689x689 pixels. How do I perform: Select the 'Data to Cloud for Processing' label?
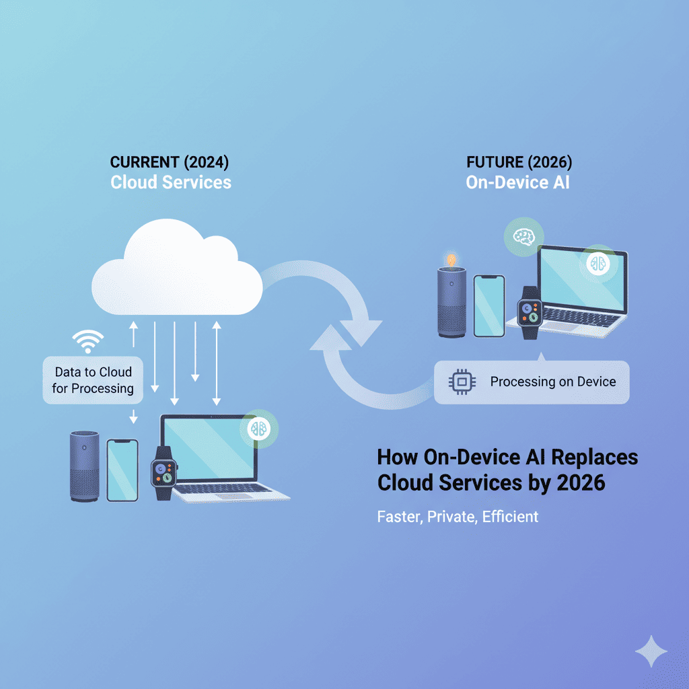tap(93, 380)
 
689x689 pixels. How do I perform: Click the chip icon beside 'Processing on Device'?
tap(460, 382)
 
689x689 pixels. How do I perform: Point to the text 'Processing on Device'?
tap(552, 382)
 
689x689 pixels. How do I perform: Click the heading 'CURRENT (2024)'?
tap(170, 162)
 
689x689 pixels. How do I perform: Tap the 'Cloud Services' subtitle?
tap(170, 182)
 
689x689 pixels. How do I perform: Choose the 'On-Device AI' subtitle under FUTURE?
tap(517, 182)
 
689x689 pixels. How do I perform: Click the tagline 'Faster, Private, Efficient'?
tap(458, 517)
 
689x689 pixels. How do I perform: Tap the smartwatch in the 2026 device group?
tap(530, 313)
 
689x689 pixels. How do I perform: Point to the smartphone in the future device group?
tap(489, 305)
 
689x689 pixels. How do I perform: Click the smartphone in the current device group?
tap(122, 470)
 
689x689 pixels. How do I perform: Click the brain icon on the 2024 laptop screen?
tap(258, 429)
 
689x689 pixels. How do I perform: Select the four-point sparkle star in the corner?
tap(651, 651)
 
